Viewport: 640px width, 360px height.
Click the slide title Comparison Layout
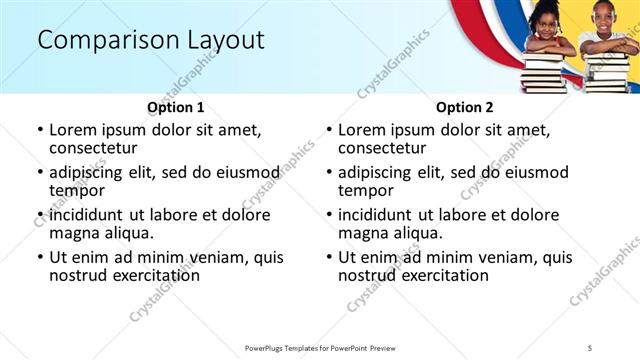[150, 40]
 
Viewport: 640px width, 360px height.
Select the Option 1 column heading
[175, 107]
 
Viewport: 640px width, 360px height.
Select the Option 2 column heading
[465, 107]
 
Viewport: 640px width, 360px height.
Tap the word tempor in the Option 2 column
[366, 191]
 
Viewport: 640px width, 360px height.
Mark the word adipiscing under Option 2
[379, 172]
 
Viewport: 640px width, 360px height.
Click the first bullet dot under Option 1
[40, 130]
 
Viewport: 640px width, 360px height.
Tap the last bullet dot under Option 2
[329, 257]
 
